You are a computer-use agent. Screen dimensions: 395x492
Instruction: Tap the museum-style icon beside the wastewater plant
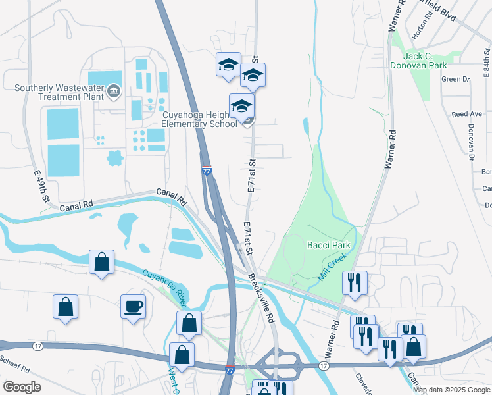pyautogui.click(x=113, y=90)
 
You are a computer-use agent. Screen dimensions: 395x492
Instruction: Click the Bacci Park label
pyautogui.click(x=329, y=245)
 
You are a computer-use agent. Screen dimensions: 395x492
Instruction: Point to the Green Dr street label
pyautogui.click(x=456, y=79)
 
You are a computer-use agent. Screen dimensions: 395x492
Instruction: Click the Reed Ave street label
pyautogui.click(x=467, y=114)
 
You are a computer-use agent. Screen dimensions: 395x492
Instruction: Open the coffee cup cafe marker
pyautogui.click(x=133, y=306)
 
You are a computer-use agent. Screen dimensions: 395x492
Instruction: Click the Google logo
pyautogui.click(x=22, y=387)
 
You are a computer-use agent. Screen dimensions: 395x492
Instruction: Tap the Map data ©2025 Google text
pyautogui.click(x=451, y=390)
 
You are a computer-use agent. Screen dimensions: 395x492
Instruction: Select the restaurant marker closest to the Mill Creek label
pyautogui.click(x=355, y=282)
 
